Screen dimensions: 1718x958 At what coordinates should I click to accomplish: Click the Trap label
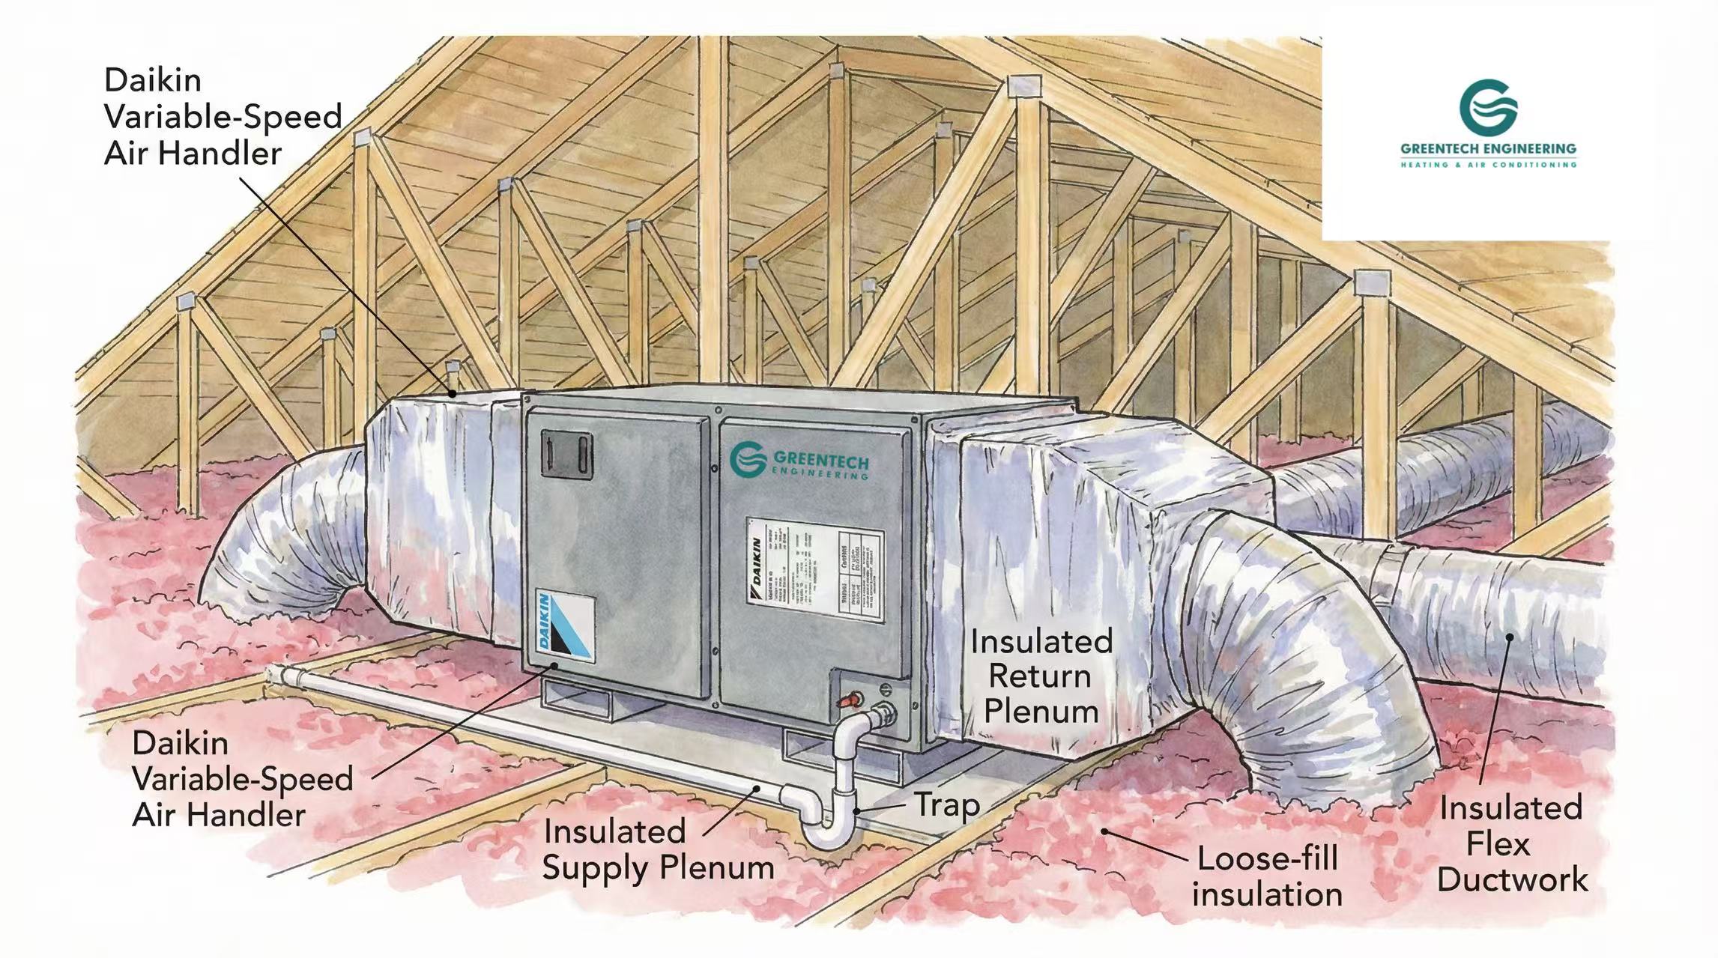(946, 805)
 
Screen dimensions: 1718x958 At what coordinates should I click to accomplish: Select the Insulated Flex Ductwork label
(1511, 844)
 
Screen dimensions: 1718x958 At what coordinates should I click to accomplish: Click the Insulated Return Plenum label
(1041, 676)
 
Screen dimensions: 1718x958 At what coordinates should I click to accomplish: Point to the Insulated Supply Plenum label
(658, 849)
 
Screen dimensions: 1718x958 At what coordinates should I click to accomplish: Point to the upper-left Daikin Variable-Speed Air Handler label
(223, 117)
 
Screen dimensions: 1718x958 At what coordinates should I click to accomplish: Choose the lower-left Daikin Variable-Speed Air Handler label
(242, 779)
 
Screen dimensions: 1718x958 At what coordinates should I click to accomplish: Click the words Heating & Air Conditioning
(1488, 165)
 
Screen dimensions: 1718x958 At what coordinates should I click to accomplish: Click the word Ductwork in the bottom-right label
(1512, 880)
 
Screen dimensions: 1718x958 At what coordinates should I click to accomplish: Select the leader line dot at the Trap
(859, 812)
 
